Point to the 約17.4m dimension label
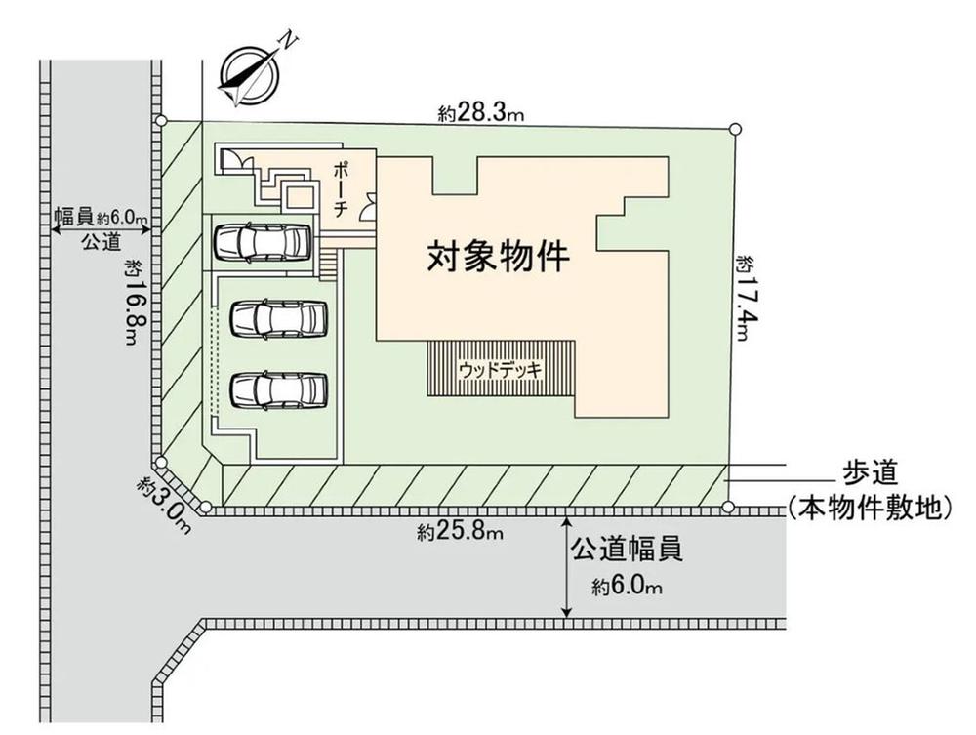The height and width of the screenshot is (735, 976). point(744,297)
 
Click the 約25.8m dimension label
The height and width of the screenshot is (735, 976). point(460,532)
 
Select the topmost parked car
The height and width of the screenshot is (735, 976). point(262,241)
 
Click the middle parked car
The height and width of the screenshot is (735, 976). point(279,317)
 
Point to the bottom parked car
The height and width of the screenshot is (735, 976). point(279,388)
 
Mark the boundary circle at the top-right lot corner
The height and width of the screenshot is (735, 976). point(734,127)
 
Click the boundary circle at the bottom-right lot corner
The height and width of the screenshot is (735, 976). point(728,506)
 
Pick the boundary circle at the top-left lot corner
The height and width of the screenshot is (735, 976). point(162,120)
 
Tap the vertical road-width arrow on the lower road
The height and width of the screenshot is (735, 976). point(567,567)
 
